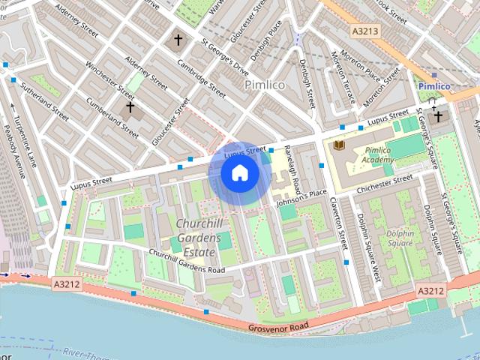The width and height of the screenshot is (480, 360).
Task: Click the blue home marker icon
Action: point(240,173)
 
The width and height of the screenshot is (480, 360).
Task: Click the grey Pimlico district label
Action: point(265,85)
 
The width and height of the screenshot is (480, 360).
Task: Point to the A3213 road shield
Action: point(365,31)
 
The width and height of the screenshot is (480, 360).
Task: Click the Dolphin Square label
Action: point(400,238)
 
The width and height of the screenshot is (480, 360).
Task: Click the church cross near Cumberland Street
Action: point(130,108)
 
